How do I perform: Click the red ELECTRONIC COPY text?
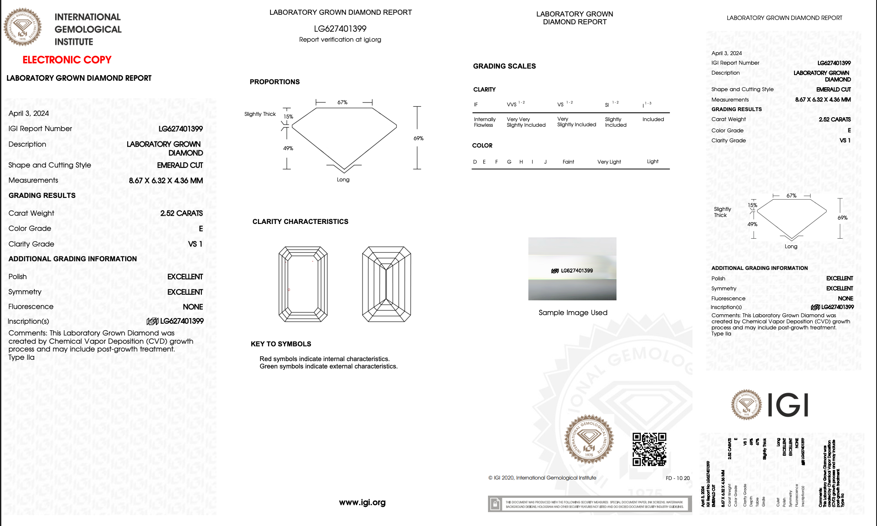(x=67, y=60)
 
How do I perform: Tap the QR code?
(x=649, y=449)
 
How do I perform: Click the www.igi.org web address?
(x=362, y=502)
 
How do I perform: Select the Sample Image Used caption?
(x=573, y=312)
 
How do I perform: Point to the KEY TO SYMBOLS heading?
(x=281, y=344)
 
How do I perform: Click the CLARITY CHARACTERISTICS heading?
(x=300, y=221)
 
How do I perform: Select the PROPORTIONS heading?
(x=274, y=82)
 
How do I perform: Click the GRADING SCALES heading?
(x=504, y=66)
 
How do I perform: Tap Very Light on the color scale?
(x=609, y=162)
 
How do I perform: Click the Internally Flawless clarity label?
(x=485, y=122)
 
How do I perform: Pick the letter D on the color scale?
(x=475, y=162)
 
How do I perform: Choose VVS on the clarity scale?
(x=512, y=105)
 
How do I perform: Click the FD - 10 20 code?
(x=677, y=478)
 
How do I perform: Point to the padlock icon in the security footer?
(x=495, y=504)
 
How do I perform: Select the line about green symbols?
(x=328, y=366)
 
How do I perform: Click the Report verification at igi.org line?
(x=340, y=39)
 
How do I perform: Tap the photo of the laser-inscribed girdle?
(x=572, y=269)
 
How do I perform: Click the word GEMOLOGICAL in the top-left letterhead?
(x=88, y=30)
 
